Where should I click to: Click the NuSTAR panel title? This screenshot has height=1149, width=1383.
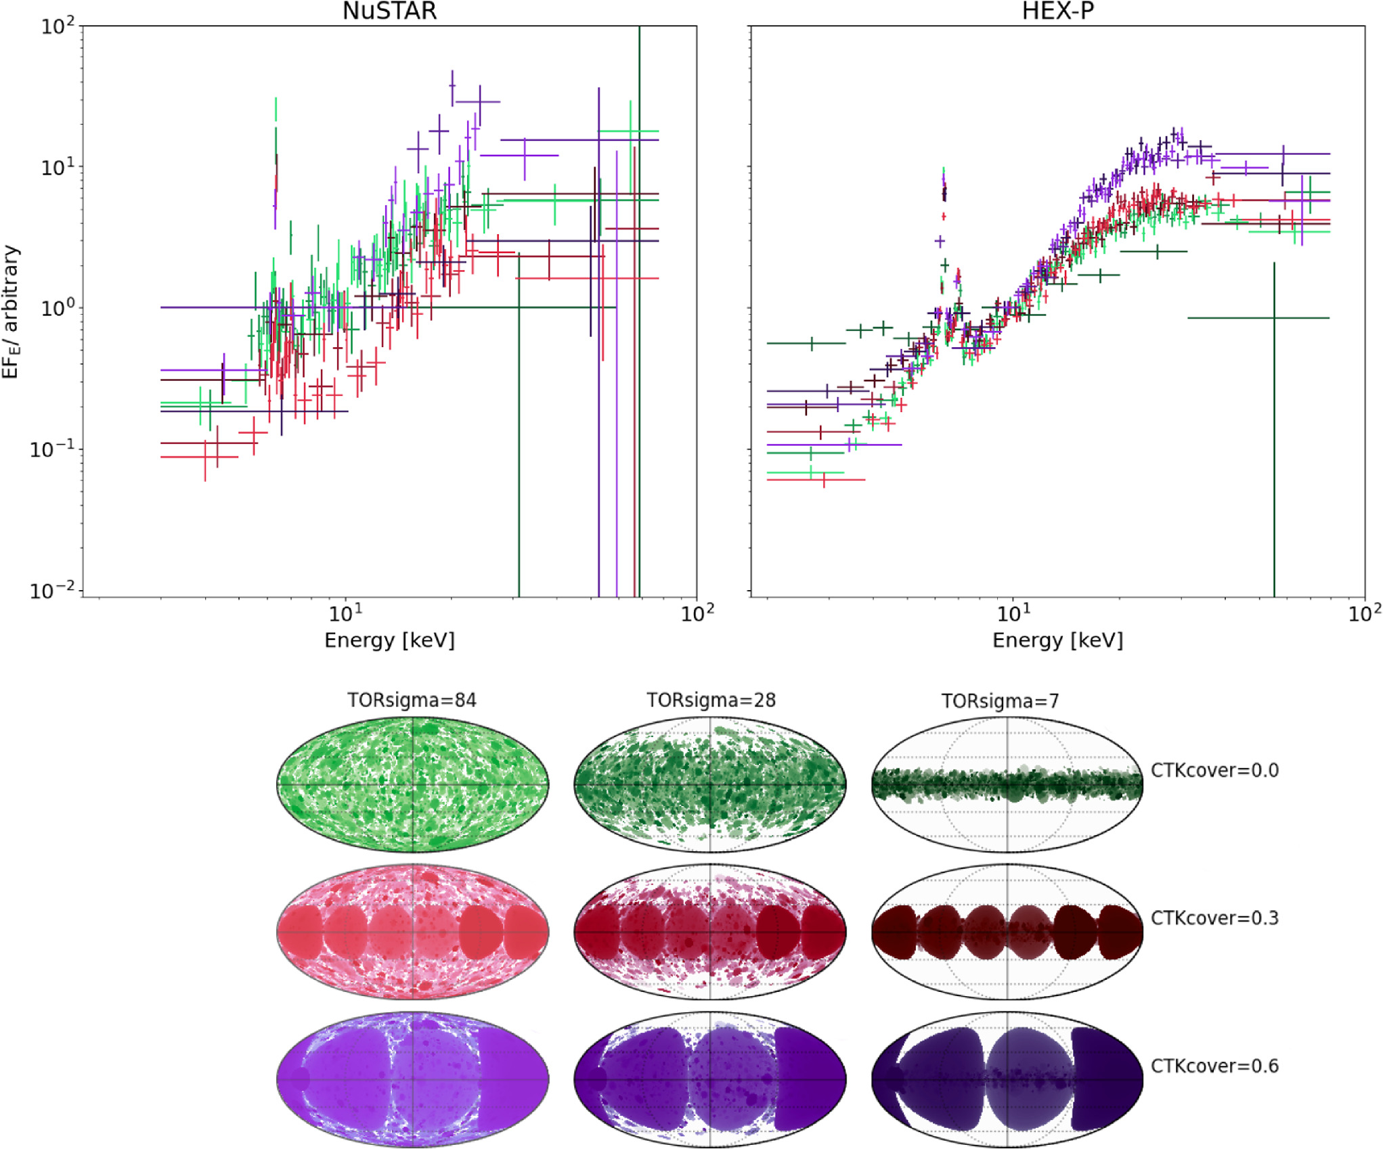pos(389,11)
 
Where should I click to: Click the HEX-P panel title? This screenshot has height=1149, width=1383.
pos(1057,11)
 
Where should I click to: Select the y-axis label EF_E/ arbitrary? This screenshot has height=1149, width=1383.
pos(11,312)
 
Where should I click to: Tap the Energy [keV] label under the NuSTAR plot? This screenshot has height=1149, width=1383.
pos(389,640)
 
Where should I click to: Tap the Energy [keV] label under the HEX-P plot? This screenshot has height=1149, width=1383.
pos(1057,640)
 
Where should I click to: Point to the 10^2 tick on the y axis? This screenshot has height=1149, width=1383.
pos(57,27)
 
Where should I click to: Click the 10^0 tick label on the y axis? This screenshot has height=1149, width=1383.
pos(57,309)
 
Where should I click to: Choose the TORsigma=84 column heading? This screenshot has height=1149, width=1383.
pos(412,700)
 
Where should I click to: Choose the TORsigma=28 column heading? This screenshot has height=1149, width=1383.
pos(711,700)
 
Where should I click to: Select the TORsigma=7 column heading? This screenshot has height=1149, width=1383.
pos(1000,701)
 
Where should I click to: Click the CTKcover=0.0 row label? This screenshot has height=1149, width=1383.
pos(1214,771)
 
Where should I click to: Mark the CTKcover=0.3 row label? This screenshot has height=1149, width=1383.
pos(1214,918)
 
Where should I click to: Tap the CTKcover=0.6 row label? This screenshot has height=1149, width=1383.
pos(1214,1066)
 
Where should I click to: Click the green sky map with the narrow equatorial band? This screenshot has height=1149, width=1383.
pos(1007,785)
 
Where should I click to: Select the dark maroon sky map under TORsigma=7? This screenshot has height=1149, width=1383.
pos(1007,932)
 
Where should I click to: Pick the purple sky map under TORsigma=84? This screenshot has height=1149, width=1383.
pos(412,1079)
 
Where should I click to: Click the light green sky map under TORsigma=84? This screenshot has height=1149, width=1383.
pos(412,785)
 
